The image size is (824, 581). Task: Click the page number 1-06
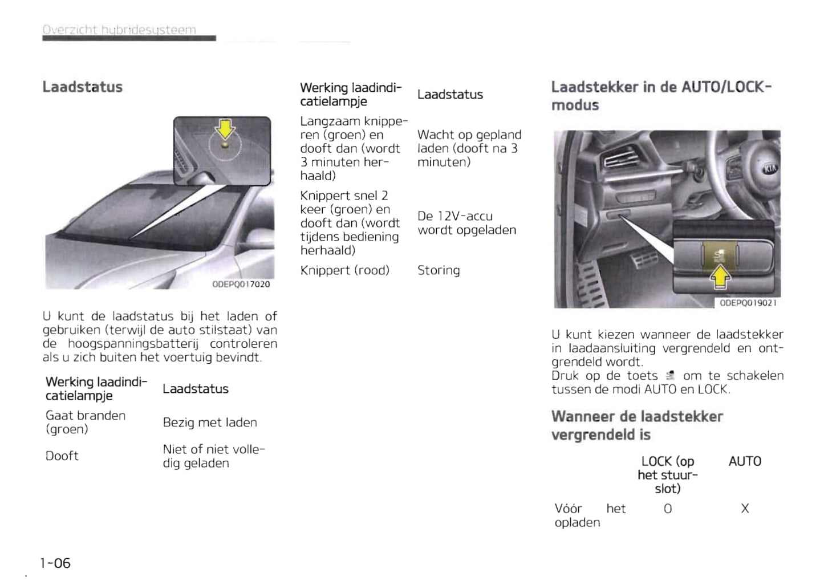point(55,563)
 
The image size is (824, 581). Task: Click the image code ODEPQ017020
point(241,284)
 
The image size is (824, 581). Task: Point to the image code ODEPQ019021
point(748,303)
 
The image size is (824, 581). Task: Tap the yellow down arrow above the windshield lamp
point(226,128)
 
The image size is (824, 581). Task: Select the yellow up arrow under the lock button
point(721,278)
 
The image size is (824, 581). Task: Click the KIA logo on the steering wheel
point(770,169)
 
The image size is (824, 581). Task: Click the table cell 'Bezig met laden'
point(210,422)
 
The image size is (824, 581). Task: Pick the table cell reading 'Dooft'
point(62,456)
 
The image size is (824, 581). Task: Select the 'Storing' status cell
point(439,270)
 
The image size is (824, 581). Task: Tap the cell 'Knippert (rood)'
point(345,270)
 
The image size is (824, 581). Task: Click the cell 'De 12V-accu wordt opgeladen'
point(466,223)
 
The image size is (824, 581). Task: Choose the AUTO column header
point(745,461)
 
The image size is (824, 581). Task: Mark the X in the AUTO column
point(745,509)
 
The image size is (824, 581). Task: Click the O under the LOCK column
point(668,509)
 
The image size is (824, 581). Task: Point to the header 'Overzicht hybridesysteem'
point(120,30)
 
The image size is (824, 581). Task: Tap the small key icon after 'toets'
point(671,376)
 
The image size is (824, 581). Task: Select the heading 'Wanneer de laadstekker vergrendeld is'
point(637,425)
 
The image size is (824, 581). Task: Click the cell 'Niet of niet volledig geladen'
point(214,456)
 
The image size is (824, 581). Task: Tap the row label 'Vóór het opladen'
point(590,515)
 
